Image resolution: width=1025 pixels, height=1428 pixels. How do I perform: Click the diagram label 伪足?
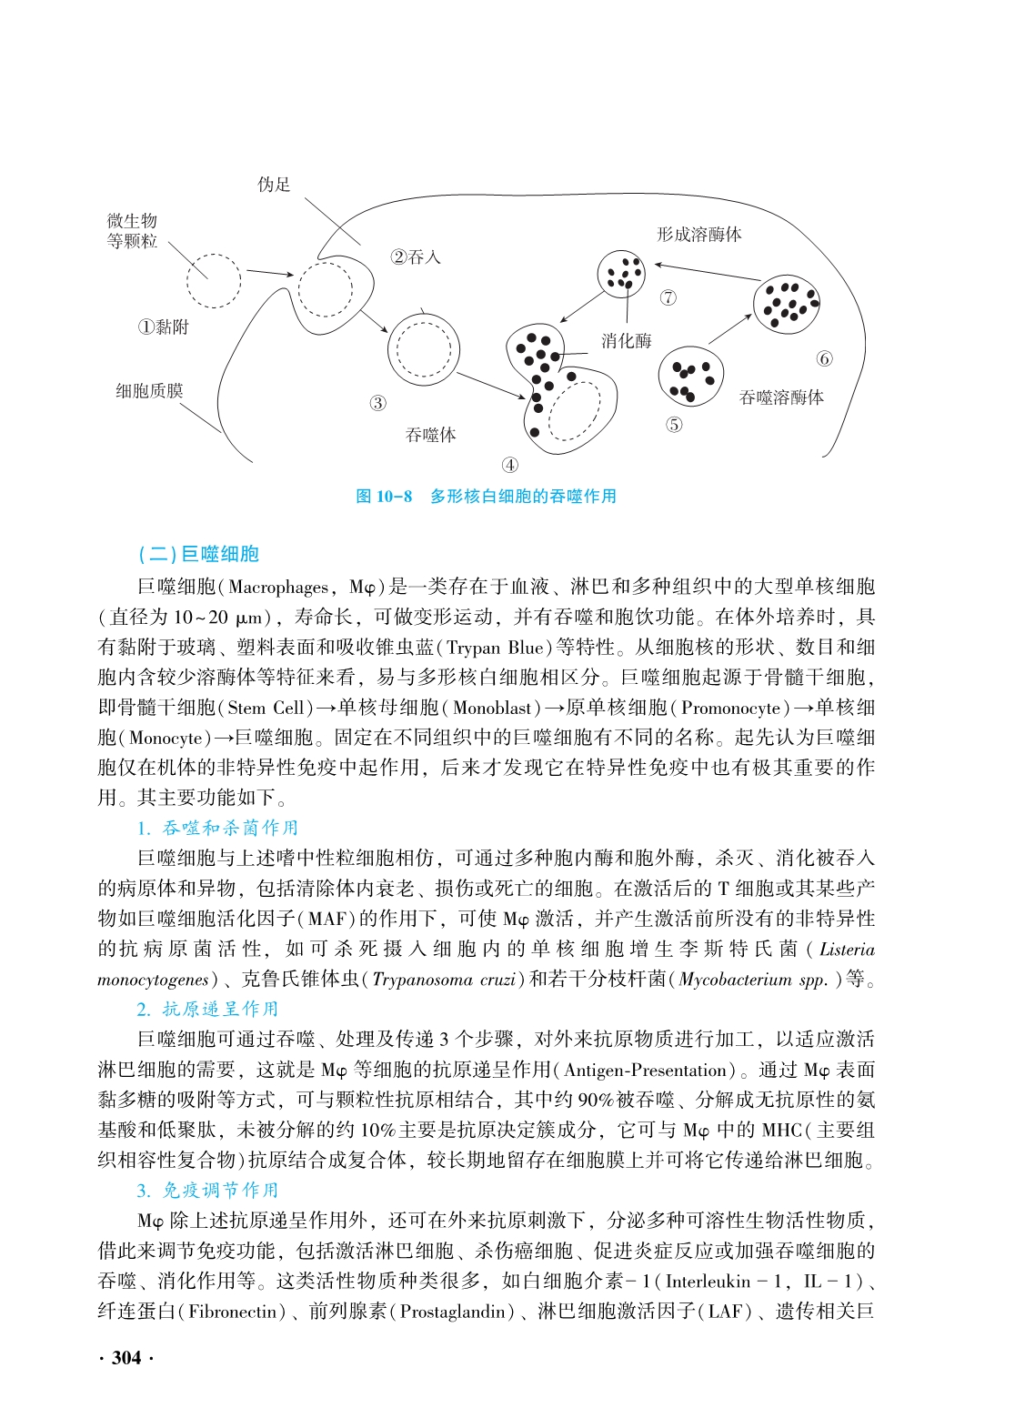[x=273, y=186]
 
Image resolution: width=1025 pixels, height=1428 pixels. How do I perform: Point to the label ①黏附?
[x=164, y=327]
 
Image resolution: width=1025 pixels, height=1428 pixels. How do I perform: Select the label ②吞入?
[x=416, y=257]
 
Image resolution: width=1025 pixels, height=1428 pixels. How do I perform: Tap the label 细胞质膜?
[x=149, y=391]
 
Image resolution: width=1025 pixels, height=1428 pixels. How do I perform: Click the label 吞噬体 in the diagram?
[x=430, y=436]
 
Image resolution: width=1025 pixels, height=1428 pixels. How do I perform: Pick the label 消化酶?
[x=627, y=341]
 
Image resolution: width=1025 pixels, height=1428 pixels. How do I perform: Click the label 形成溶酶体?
[x=698, y=235]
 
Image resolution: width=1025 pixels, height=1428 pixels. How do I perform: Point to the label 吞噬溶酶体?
[x=781, y=397]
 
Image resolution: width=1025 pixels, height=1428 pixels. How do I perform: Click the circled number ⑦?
[x=668, y=297]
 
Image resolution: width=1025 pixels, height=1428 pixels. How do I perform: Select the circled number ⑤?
[x=674, y=425]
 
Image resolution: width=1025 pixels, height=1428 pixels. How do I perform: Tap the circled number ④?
[x=510, y=465]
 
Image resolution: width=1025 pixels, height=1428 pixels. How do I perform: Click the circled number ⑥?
[x=825, y=358]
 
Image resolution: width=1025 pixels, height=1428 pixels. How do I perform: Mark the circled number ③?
[x=377, y=403]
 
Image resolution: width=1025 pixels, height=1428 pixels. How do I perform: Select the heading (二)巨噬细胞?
[x=199, y=554]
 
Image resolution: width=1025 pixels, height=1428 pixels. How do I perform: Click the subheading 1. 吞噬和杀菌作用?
[x=217, y=828]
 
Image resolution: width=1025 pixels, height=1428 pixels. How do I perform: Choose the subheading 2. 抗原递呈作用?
[x=207, y=1009]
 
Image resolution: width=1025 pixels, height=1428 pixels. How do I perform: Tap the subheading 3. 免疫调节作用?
[x=207, y=1191]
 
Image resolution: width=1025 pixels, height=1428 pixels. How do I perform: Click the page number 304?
[x=126, y=1358]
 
